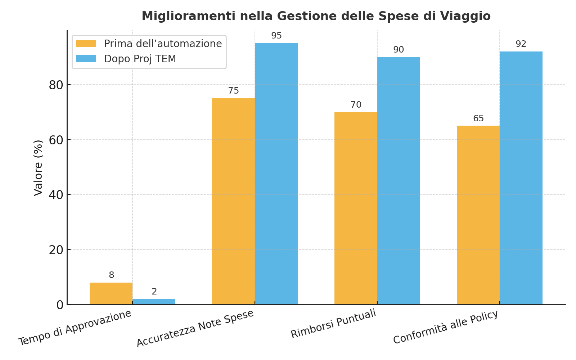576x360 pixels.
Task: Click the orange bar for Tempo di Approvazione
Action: point(111,293)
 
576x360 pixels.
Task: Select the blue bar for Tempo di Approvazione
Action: point(154,302)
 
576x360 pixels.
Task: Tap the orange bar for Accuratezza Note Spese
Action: point(233,202)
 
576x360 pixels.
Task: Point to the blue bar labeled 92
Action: point(521,178)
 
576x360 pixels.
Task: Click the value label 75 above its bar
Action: point(233,91)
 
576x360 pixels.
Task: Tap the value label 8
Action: point(111,275)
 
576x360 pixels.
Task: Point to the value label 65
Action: point(478,119)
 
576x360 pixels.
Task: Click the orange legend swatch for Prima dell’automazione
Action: point(86,44)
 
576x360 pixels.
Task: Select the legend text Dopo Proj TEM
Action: point(140,59)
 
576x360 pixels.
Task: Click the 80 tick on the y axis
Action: point(56,85)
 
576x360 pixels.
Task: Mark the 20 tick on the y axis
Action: point(56,250)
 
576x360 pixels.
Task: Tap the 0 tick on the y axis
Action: point(60,305)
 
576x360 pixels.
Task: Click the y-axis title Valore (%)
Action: point(38,168)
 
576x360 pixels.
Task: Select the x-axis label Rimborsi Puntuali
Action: point(333,323)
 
